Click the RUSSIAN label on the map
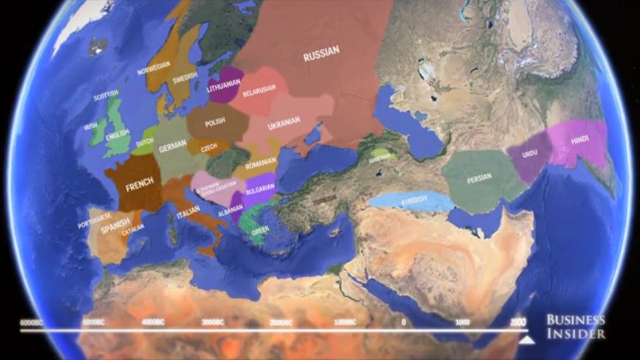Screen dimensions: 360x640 pyautogui.click(x=321, y=53)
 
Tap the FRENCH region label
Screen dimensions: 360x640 pyautogui.click(x=139, y=186)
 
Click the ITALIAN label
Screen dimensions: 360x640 pyautogui.click(x=188, y=215)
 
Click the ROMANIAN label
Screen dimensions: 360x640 pyautogui.click(x=261, y=162)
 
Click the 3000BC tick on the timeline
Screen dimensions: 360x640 pyautogui.click(x=213, y=323)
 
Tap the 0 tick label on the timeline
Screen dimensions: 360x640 pyautogui.click(x=404, y=323)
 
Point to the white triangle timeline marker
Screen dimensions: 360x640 pyautogui.click(x=527, y=339)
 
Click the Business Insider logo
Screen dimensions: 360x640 pyautogui.click(x=576, y=327)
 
